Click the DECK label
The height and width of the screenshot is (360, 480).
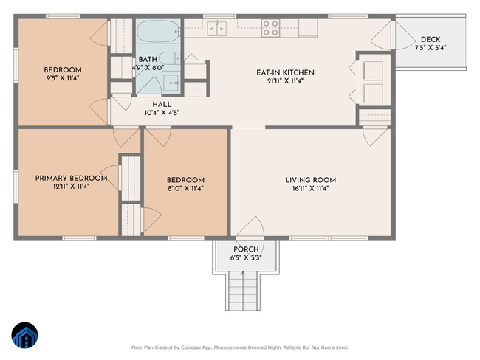click(x=431, y=39)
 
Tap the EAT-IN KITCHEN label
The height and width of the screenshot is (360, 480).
click(x=285, y=73)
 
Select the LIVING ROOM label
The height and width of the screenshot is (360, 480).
click(x=310, y=180)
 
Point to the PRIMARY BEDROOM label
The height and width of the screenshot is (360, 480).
click(x=72, y=178)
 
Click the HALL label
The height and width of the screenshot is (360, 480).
click(x=162, y=104)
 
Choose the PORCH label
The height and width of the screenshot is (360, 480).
click(x=246, y=249)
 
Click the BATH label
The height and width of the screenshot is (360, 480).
click(x=148, y=59)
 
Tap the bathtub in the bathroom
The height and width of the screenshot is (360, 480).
click(x=157, y=31)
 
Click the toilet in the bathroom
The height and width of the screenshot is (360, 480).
click(x=169, y=58)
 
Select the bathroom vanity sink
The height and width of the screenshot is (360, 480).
click(x=171, y=83)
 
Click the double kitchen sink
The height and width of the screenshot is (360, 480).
click(x=216, y=29)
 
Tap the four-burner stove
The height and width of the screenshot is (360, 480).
click(x=270, y=28)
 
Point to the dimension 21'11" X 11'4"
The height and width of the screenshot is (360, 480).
click(x=285, y=81)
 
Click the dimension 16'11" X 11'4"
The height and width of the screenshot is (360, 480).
click(x=310, y=188)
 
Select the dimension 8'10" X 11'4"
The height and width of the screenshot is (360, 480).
click(x=185, y=188)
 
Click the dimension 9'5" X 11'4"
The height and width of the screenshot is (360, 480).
click(x=63, y=78)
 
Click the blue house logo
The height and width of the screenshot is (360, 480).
click(x=25, y=335)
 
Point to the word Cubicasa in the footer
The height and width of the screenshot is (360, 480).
click(x=190, y=347)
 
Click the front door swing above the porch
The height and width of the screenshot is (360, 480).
click(x=250, y=226)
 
